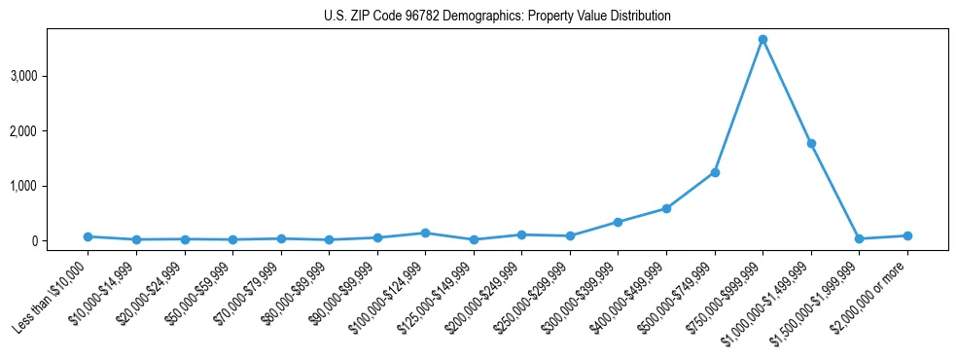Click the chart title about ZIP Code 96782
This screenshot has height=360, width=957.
coord(497,17)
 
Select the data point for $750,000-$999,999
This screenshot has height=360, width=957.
coord(763,39)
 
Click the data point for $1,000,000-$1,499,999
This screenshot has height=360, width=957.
coord(811,143)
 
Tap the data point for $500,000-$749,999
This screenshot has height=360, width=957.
coord(715,172)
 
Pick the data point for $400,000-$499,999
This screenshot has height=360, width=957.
coord(666,208)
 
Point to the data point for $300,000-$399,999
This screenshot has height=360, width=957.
coord(619,222)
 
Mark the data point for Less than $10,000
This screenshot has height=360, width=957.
coord(88,236)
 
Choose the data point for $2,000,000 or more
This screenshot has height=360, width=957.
coord(907,235)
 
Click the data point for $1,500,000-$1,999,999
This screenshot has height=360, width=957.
coord(859,238)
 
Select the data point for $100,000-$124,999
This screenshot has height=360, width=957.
coord(425,233)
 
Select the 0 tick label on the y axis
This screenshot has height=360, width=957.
coord(59,241)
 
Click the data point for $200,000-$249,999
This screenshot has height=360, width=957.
coord(522,234)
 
